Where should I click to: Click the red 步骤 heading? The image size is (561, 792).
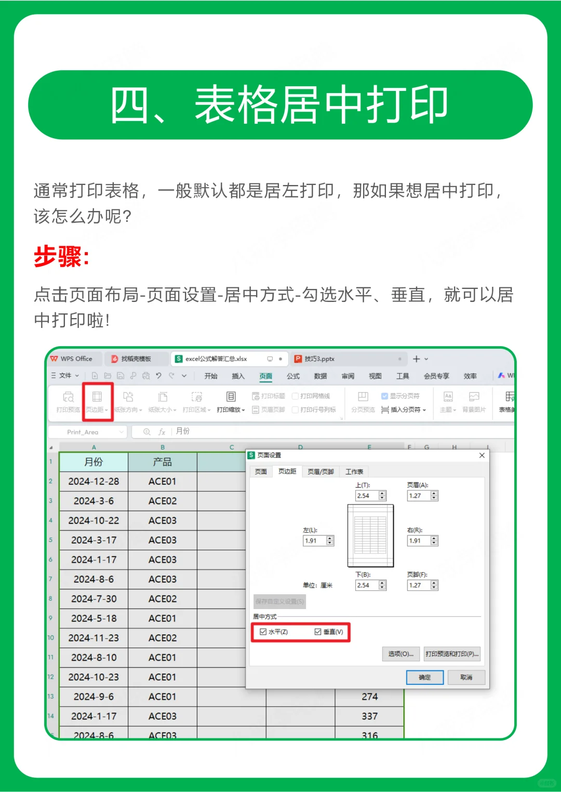pos(61,256)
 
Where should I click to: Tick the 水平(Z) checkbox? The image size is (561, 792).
pos(263,632)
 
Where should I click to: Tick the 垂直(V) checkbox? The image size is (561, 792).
pos(318,632)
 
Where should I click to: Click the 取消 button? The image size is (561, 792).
pos(466,677)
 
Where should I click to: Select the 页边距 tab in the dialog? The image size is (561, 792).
pos(287,471)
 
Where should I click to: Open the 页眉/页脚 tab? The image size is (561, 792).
pos(320,471)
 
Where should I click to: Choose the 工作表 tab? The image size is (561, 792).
pos(354,471)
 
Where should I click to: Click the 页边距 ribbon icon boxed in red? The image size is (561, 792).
pos(97,401)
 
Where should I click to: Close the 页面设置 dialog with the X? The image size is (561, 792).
pos(482,455)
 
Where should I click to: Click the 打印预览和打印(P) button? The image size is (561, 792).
pos(451,654)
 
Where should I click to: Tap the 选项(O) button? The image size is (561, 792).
pos(400,654)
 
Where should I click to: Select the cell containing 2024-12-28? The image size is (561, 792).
pos(94,481)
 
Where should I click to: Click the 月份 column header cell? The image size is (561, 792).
pos(94,461)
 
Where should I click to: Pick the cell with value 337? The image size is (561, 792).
pos(369,716)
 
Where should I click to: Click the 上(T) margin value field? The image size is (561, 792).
pos(367,496)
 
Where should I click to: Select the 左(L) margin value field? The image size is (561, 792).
pos(314,541)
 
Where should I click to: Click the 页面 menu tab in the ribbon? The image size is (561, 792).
pos(265,376)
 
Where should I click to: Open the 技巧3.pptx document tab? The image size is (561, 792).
pos(319,359)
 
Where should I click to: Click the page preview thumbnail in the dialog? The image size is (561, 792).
pos(370,535)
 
